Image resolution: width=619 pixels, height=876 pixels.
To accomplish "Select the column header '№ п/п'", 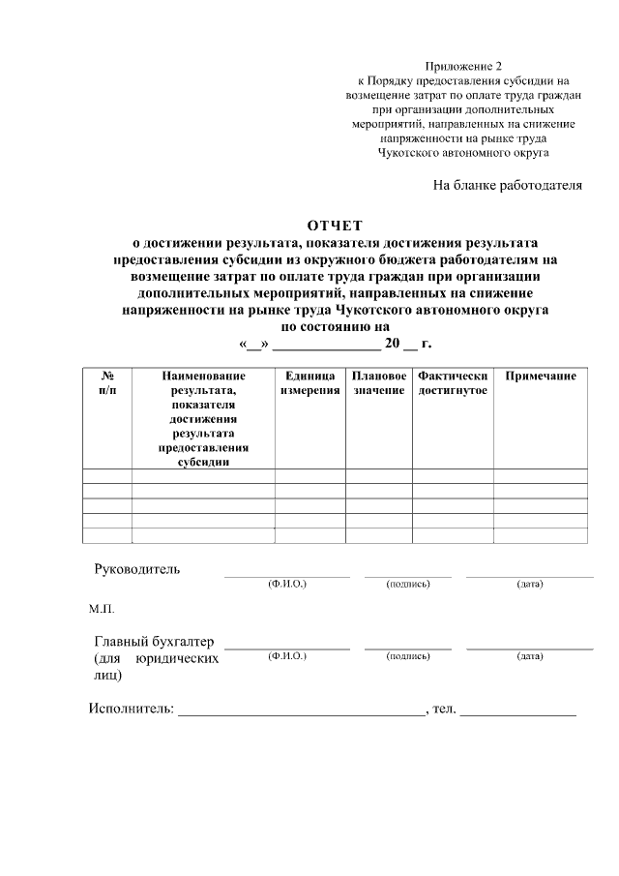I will point(107,382).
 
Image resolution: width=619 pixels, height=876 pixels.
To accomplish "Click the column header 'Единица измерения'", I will point(309,382).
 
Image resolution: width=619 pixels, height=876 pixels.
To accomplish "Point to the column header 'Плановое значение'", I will point(378,382).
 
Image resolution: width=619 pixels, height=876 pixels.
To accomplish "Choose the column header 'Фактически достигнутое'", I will point(453,382).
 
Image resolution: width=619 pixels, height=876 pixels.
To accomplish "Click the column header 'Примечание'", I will point(541,376).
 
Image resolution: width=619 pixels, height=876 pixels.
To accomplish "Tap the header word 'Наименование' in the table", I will point(203,376).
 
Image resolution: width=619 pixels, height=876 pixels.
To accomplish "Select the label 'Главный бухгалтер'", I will point(155,642).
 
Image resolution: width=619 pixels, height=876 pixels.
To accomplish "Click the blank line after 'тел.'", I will point(517,713).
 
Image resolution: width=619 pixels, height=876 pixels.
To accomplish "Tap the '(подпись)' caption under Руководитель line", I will point(407,585).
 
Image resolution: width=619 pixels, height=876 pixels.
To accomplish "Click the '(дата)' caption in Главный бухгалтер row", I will point(530,656).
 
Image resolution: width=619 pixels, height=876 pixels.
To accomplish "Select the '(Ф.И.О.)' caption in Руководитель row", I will point(286,585).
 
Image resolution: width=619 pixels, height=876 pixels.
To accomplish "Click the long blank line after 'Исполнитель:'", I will point(301,713).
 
